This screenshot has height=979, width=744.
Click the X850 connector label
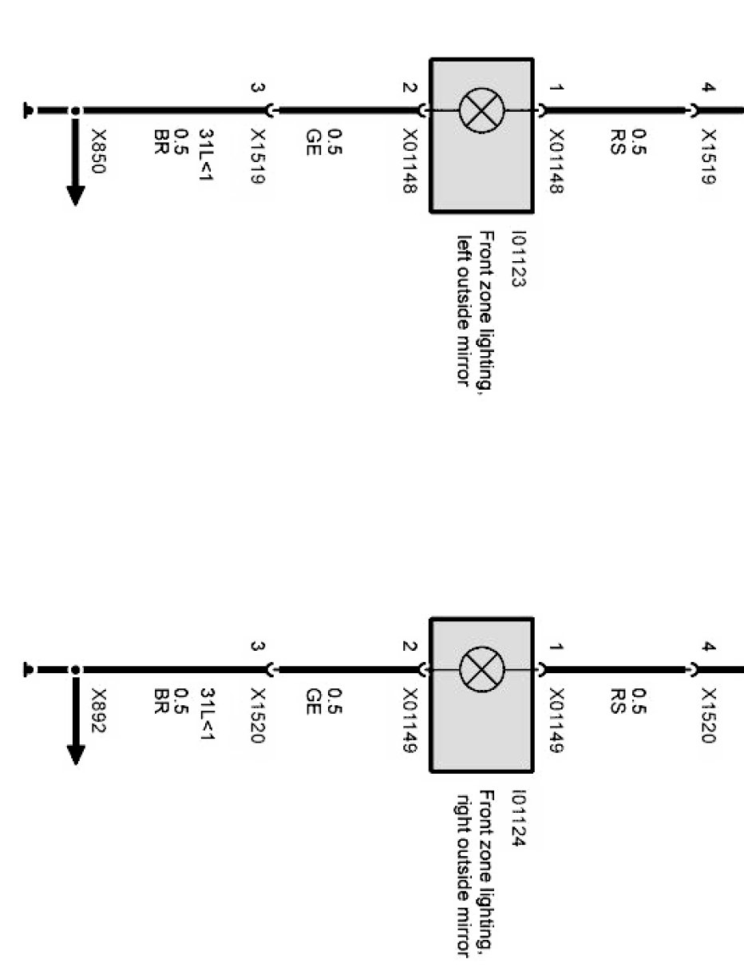(x=99, y=151)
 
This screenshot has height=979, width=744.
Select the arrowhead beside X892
(x=75, y=754)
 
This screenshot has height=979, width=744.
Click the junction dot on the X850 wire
(x=75, y=111)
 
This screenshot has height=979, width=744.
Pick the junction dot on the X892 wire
(x=75, y=670)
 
